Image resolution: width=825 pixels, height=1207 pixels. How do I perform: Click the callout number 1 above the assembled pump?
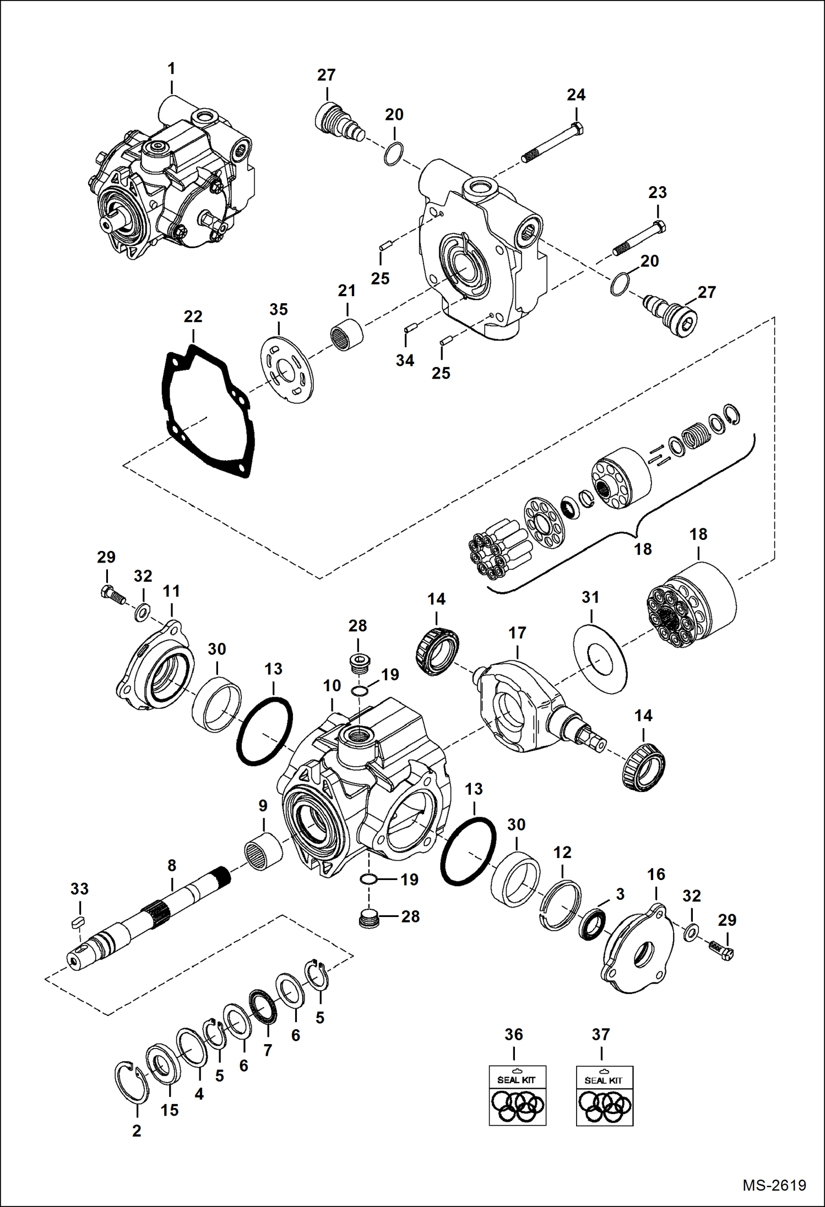pos(171,69)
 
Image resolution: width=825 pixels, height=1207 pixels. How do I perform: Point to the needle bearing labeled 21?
pos(346,334)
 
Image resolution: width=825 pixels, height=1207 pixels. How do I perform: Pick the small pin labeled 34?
pos(409,329)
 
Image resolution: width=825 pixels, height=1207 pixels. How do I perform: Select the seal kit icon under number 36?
pos(517,1095)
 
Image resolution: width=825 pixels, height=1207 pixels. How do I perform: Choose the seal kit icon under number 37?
pos(604,1096)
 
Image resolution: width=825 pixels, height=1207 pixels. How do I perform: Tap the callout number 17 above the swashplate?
pos(517,633)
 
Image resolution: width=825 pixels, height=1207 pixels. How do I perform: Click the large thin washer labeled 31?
pos(600,659)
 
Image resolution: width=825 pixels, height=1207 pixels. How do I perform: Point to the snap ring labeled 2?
pos(131,1083)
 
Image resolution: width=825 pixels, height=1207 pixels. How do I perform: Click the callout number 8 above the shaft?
pos(172,865)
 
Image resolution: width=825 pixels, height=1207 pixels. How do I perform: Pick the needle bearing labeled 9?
pos(263,851)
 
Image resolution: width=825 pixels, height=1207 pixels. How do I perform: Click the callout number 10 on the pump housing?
pos(332,686)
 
